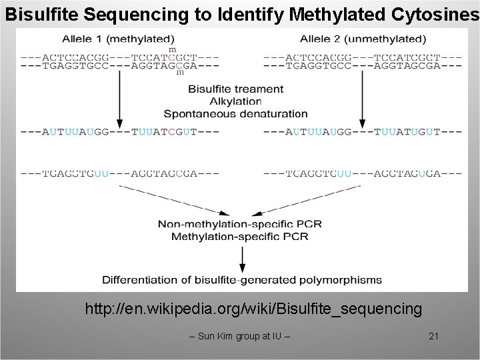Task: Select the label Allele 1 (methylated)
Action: click(119, 39)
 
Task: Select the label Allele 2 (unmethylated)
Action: click(363, 39)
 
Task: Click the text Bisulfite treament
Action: click(235, 89)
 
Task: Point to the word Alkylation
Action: click(235, 101)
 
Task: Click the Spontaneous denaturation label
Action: click(235, 114)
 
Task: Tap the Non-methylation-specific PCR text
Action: click(239, 224)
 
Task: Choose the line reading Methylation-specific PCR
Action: click(239, 236)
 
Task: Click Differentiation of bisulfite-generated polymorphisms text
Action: click(242, 280)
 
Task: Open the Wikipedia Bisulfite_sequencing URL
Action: click(253, 309)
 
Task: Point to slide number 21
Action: click(433, 336)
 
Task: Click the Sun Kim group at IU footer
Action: click(240, 336)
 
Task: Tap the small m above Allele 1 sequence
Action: click(173, 49)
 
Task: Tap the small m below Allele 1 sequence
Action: click(180, 73)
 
